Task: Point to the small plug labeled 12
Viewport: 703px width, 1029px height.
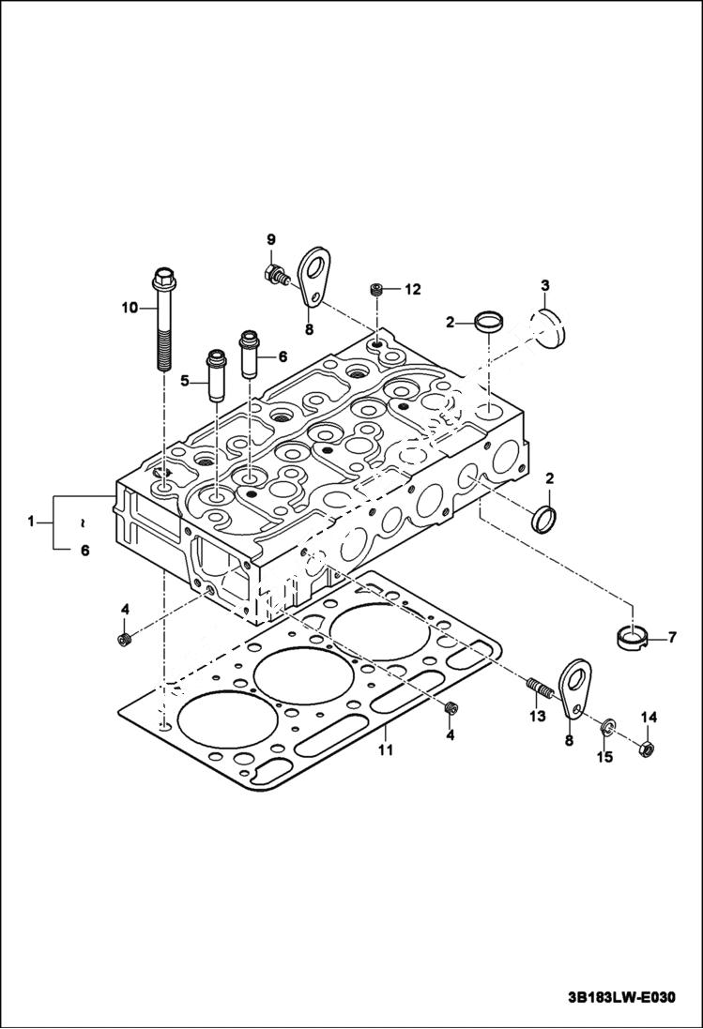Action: (377, 290)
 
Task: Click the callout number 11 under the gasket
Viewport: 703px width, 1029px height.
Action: (385, 749)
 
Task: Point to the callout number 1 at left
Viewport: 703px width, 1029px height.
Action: (32, 519)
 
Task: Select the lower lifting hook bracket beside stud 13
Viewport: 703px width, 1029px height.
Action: (574, 689)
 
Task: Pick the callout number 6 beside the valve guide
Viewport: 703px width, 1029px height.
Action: (281, 356)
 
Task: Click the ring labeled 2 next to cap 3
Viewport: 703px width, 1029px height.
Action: (487, 322)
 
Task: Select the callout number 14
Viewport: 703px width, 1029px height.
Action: (649, 718)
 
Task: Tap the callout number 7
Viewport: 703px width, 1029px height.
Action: (672, 638)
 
